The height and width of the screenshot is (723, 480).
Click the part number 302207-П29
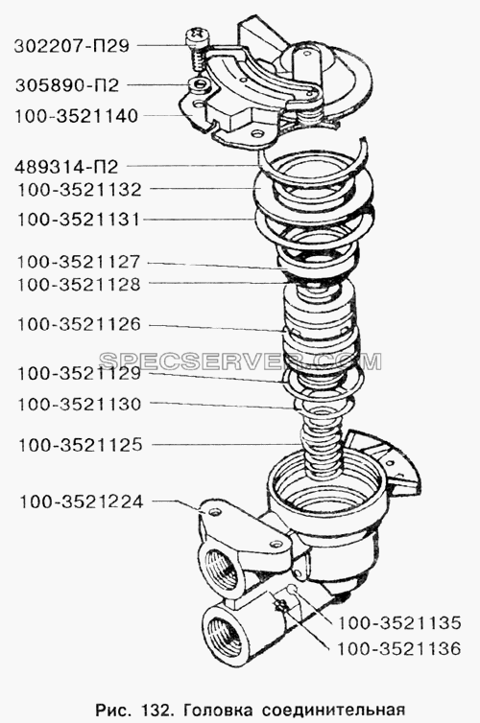click(x=72, y=46)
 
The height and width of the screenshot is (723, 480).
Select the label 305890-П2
click(x=67, y=85)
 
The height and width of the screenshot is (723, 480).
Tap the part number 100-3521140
click(x=77, y=116)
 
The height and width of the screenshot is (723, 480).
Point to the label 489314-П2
click(x=66, y=167)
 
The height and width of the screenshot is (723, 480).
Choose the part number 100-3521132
click(x=80, y=190)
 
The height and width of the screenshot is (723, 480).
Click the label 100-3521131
click(x=79, y=220)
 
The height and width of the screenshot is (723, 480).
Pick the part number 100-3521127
click(x=79, y=262)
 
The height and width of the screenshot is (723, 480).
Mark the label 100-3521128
click(x=79, y=285)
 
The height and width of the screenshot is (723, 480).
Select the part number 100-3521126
click(x=79, y=325)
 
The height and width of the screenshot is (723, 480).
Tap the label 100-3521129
click(x=79, y=374)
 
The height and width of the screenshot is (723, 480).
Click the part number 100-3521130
click(x=80, y=405)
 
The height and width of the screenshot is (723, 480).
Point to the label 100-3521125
click(x=81, y=446)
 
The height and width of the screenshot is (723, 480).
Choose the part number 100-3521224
click(x=82, y=501)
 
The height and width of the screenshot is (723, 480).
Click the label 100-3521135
click(x=399, y=623)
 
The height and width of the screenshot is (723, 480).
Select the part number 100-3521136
click(x=399, y=649)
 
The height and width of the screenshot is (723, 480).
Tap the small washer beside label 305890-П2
click(x=199, y=84)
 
